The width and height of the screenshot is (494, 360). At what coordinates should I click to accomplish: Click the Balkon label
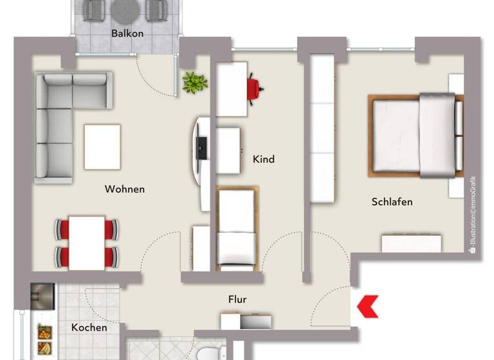pos(127,33)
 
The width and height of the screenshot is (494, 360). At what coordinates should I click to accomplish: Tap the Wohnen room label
pos(125,189)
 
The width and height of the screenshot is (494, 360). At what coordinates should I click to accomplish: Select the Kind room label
pos(264,159)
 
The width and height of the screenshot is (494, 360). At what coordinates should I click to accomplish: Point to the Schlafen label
pos(392,202)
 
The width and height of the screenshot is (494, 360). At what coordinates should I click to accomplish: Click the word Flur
pos(237,299)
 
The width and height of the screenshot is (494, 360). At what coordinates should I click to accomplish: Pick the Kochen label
pos(89,327)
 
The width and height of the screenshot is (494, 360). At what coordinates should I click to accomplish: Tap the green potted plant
pos(195,82)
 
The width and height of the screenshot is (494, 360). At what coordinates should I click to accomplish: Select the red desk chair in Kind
pos(255,88)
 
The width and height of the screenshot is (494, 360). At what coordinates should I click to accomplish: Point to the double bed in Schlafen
pos(416,135)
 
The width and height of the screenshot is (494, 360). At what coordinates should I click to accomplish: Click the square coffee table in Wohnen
pos(102,147)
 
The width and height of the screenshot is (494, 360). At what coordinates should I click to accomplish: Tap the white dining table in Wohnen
pos(87,242)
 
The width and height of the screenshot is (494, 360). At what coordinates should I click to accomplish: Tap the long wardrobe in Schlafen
pos(322,129)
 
